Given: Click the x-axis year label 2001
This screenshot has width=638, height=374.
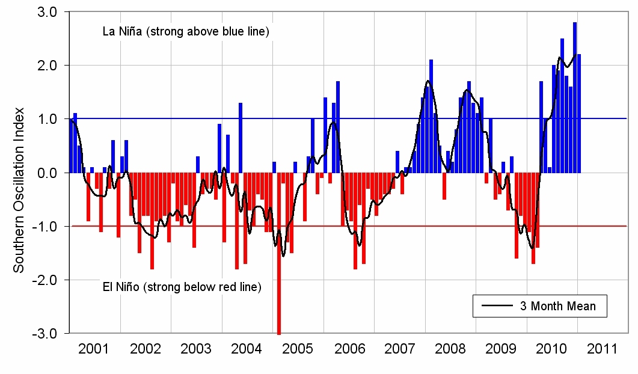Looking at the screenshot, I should (94, 349).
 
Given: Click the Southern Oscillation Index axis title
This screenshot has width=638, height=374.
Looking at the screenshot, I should (19, 189).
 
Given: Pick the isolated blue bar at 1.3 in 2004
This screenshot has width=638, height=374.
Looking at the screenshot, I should (241, 138).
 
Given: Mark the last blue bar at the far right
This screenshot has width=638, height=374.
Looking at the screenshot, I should (579, 114).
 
